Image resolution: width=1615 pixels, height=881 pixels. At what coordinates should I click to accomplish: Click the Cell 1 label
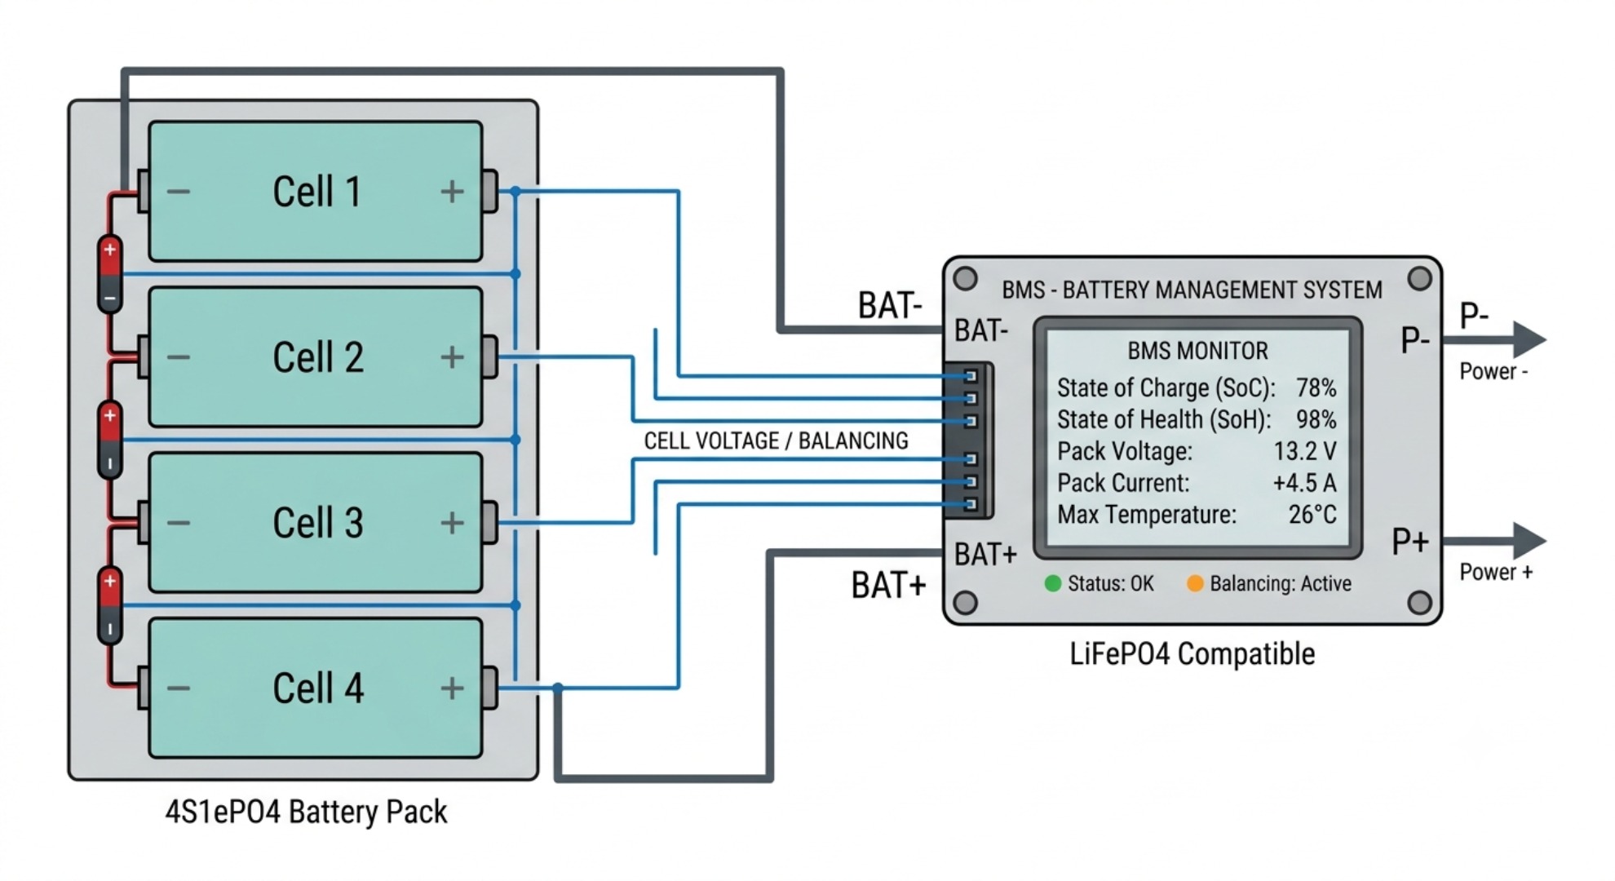click(316, 193)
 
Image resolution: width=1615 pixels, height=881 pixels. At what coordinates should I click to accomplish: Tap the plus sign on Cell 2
click(452, 356)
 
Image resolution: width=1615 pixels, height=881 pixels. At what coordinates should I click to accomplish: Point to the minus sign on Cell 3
click(179, 523)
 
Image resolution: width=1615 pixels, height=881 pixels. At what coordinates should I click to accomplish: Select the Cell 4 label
click(318, 688)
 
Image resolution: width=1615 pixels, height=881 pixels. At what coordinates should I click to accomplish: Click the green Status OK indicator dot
click(1053, 583)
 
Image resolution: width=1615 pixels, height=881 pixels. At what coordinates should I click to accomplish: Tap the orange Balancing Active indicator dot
click(1195, 583)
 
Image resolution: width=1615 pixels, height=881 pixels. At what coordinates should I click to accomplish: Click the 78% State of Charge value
click(1316, 387)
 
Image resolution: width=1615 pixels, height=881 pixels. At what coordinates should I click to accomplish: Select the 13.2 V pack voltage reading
click(1305, 451)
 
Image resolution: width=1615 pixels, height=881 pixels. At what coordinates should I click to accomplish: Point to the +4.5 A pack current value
click(1304, 483)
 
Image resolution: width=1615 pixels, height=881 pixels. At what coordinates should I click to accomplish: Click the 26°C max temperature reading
click(1312, 515)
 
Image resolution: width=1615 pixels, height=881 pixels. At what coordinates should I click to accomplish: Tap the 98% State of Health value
click(1316, 419)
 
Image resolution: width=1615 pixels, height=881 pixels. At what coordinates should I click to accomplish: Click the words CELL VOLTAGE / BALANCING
click(776, 441)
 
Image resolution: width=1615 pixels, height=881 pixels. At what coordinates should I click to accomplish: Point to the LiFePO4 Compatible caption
click(1192, 654)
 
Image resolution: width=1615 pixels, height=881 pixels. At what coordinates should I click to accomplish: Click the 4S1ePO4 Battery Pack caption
click(306, 812)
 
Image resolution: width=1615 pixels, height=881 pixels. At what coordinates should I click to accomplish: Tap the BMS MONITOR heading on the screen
click(1197, 351)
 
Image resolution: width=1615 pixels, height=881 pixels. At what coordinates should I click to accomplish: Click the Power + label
click(1496, 572)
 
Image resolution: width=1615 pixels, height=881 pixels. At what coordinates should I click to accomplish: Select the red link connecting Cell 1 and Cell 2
click(110, 274)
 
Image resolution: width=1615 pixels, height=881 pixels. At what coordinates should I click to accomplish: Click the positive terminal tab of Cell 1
click(489, 192)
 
